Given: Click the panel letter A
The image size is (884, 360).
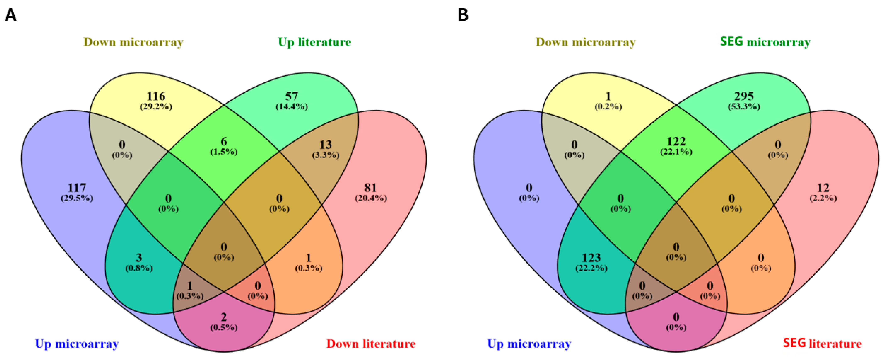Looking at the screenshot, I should [x=11, y=15].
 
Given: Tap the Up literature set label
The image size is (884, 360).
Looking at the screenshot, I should [x=314, y=42].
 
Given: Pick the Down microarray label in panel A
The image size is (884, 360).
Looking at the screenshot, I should [x=134, y=42].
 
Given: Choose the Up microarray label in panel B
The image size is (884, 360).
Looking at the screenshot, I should [x=529, y=344].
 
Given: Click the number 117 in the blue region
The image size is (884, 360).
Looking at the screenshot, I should [x=77, y=188].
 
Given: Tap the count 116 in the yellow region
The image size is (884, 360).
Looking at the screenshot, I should [x=156, y=96].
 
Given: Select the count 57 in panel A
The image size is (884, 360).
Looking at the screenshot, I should [x=292, y=96].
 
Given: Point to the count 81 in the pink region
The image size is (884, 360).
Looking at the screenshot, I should [x=371, y=188].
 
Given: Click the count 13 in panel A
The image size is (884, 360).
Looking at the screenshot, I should [x=325, y=144].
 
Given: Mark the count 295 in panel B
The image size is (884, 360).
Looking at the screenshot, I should [x=744, y=96].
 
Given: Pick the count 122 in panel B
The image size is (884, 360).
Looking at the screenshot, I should [x=676, y=141].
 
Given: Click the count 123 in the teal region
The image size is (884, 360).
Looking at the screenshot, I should [x=591, y=257].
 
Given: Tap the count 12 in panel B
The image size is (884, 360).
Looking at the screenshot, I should [x=823, y=188].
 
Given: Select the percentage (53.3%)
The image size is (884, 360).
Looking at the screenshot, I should [x=744, y=107].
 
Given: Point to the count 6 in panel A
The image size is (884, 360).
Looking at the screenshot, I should [x=224, y=141].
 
